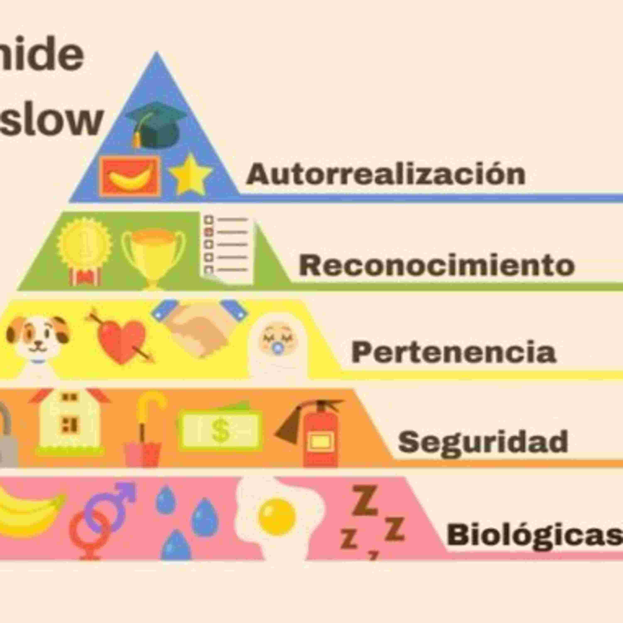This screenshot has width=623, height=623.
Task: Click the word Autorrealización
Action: click(x=386, y=174)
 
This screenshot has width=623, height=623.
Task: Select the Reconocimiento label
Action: click(x=437, y=265)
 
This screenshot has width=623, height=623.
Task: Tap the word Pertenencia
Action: click(x=453, y=352)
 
